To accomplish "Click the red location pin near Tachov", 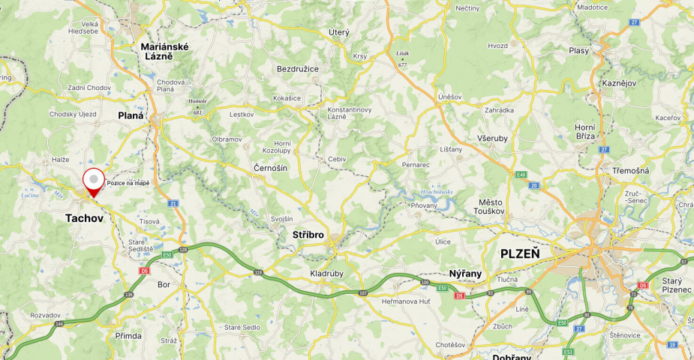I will [93, 181].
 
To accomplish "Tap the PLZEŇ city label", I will [520, 253].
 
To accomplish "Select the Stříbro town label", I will [308, 235].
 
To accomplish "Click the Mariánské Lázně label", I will [164, 52].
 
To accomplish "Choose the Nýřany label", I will [464, 273].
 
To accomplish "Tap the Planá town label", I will [131, 115].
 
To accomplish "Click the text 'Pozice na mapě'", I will [128, 183].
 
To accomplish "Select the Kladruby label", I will [326, 274].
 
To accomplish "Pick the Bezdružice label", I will [298, 69].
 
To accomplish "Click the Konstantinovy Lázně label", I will [350, 113].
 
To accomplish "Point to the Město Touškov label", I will [491, 207].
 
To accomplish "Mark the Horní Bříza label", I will [584, 131].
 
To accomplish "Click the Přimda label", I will [128, 335].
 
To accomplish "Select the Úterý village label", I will [339, 32].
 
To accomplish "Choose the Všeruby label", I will [492, 139].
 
